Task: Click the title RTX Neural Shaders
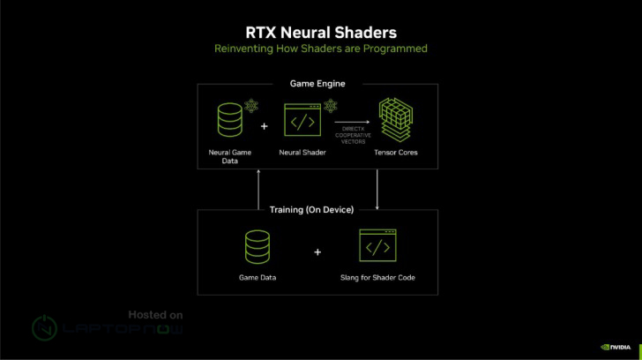[321, 31]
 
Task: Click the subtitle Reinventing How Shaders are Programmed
[321, 49]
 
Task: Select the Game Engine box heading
[317, 84]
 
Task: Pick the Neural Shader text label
[302, 153]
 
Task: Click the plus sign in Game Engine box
[265, 126]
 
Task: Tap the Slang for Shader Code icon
[377, 247]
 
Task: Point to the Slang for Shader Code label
[377, 278]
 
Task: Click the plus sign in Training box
[317, 251]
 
